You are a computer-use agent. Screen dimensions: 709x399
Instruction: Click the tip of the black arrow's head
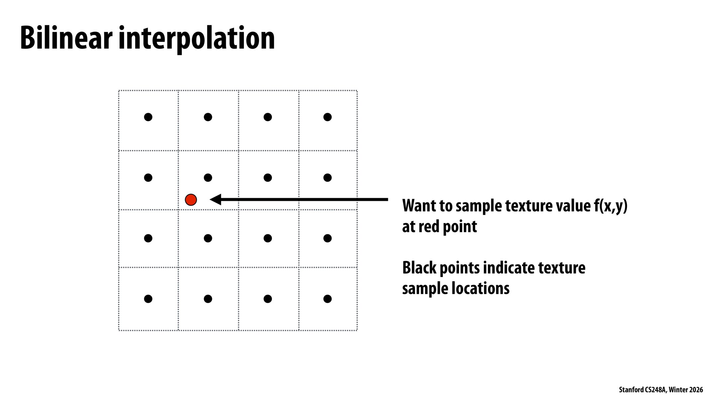[x=210, y=199]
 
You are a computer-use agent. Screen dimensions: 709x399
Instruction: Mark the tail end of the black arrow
[x=388, y=199]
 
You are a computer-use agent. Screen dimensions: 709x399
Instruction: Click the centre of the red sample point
[x=191, y=200]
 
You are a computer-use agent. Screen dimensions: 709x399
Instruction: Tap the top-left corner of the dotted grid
[x=119, y=90]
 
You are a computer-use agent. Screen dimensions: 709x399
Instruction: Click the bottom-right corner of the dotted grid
[x=357, y=330]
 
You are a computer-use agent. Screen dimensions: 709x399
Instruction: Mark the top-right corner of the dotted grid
[x=357, y=90]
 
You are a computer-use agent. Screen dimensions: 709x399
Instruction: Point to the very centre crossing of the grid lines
[x=238, y=210]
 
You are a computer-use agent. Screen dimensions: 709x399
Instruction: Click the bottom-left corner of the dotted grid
[x=119, y=330]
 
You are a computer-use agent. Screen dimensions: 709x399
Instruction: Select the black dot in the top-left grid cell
[x=148, y=117]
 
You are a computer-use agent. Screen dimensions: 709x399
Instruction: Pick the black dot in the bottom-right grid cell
[x=327, y=299]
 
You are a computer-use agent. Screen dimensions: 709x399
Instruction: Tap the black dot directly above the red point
[x=208, y=178]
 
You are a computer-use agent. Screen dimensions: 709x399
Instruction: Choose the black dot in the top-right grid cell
[x=327, y=117]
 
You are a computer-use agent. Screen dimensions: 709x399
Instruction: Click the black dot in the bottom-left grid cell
[x=148, y=299]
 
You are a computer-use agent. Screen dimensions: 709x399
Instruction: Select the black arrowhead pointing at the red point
[x=216, y=199]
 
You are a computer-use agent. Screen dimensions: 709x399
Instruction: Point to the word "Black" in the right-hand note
[x=419, y=268]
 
